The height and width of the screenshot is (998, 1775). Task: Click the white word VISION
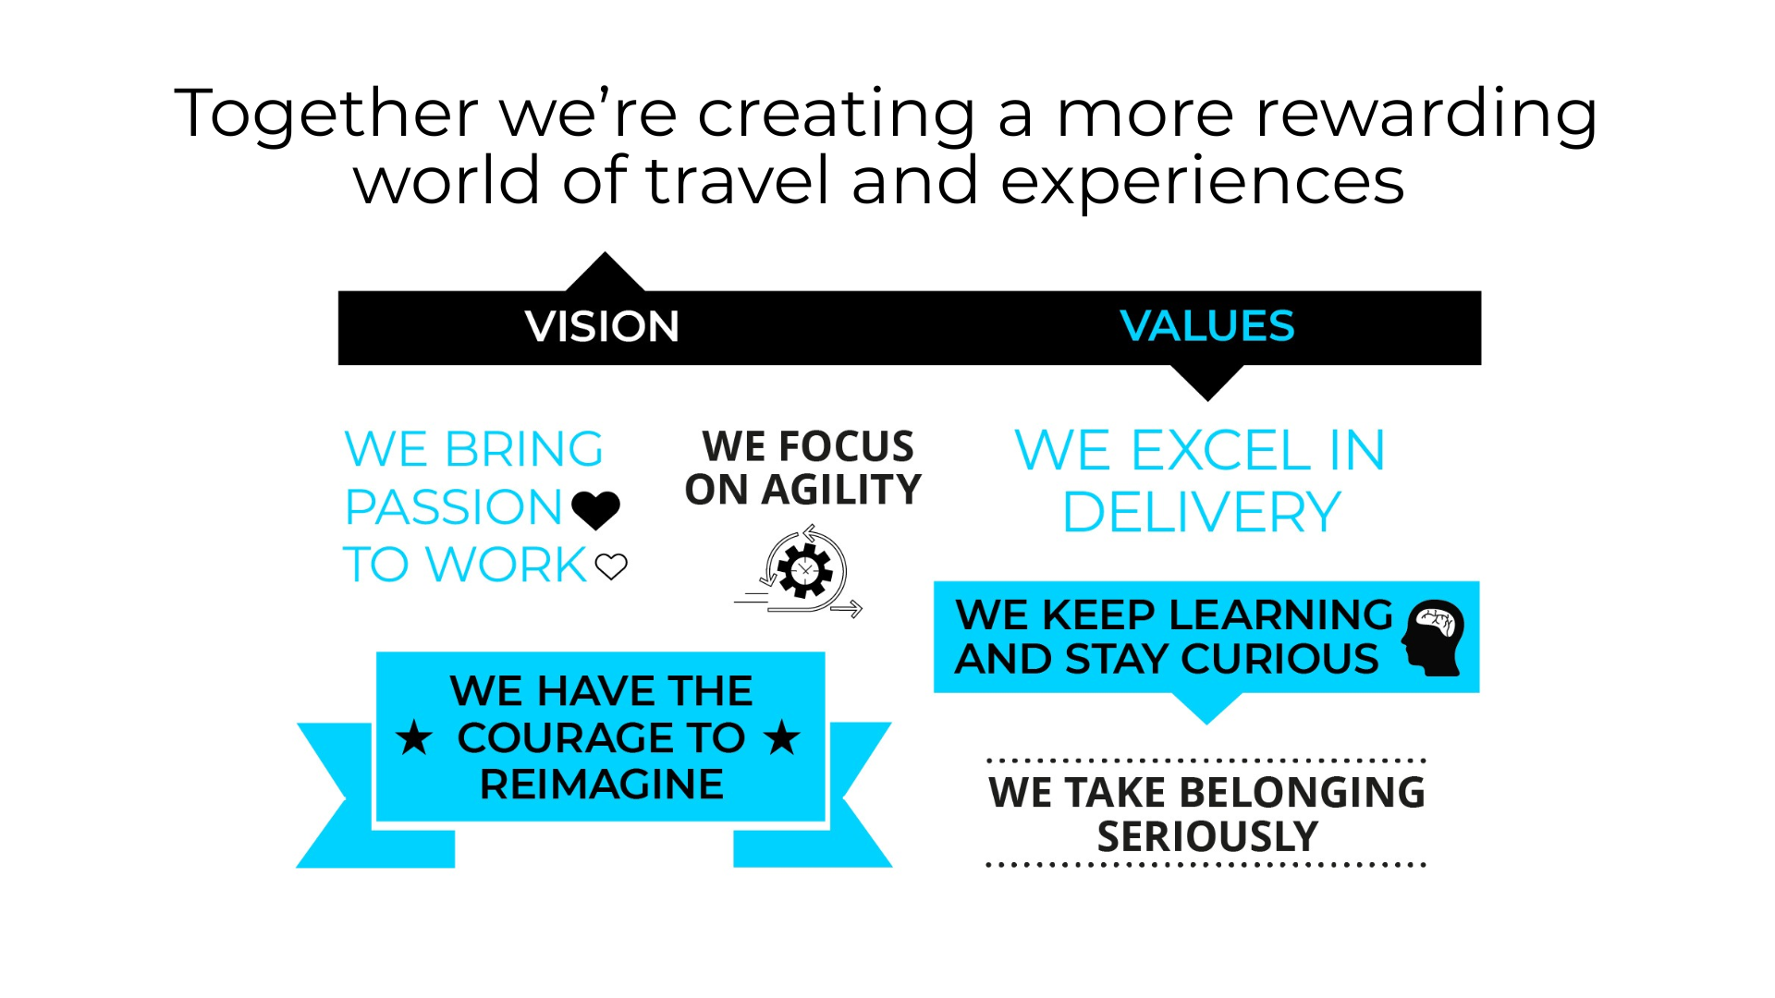coord(602,326)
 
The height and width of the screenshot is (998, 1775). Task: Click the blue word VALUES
coord(1206,326)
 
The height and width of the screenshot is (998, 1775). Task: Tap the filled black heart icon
coord(595,509)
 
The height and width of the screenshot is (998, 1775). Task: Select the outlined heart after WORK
coord(611,566)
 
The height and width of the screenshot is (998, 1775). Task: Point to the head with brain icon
coord(1433,637)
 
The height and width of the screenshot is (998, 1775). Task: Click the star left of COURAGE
coord(414,738)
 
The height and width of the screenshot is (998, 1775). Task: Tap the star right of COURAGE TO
coord(782,737)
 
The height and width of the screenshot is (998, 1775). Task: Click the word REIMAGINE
coord(601,785)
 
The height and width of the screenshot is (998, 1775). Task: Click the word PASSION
coord(453,507)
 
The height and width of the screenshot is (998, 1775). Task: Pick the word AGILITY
coord(840,490)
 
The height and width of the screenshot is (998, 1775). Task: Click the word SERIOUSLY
coord(1207,837)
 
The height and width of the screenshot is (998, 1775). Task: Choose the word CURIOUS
coord(1279,660)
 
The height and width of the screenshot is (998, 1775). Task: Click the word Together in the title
coord(325,114)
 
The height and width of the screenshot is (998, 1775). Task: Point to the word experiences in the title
coord(1202,180)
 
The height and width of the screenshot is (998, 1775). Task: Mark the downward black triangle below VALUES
coord(1206,380)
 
